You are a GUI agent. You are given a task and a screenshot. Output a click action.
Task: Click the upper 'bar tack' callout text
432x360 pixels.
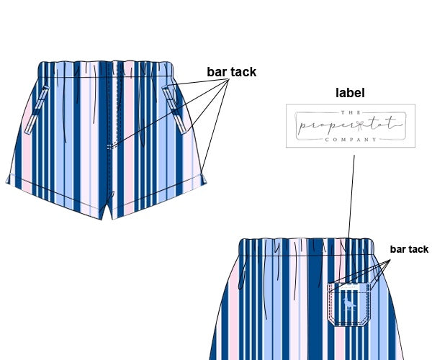pyautogui.click(x=231, y=72)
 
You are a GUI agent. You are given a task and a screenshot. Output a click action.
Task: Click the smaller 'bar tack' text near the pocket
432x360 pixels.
pyautogui.click(x=409, y=250)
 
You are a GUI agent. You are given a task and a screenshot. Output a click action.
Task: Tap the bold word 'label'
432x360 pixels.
pyautogui.click(x=350, y=93)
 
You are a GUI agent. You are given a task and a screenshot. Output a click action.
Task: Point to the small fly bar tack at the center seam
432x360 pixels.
pyautogui.click(x=110, y=146)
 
